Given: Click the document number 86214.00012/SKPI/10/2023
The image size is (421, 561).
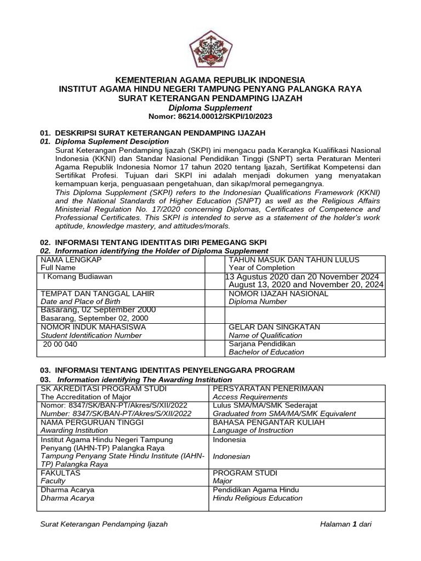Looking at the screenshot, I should pyautogui.click(x=210, y=117).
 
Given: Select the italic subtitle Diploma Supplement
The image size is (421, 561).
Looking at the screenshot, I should pyautogui.click(x=210, y=108).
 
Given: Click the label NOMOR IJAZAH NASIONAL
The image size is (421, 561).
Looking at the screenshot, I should pyautogui.click(x=278, y=293).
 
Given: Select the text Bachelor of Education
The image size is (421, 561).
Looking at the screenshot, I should pyautogui.click(x=266, y=352).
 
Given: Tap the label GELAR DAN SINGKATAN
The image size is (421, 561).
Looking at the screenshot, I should pyautogui.click(x=275, y=327).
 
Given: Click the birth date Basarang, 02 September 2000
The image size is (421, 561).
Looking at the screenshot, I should pyautogui.click(x=98, y=310).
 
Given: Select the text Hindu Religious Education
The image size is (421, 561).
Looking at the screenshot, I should pyautogui.click(x=258, y=498).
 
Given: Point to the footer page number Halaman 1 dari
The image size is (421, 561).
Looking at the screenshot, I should pyautogui.click(x=346, y=524).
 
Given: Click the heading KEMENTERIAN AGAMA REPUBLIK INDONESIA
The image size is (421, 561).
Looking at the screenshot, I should pyautogui.click(x=210, y=80).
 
